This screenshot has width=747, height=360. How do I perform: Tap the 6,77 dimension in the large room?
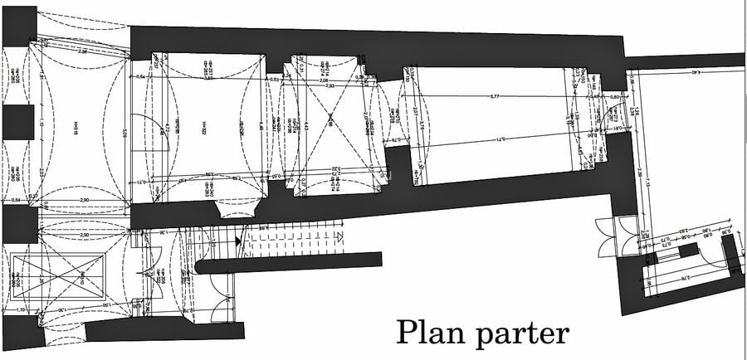(496, 98)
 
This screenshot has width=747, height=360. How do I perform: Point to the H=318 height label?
(76, 128)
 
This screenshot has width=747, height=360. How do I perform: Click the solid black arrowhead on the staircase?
(239, 241)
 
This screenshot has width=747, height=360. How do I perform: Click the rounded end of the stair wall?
(202, 266)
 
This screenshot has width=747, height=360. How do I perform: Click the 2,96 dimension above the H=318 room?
(82, 51)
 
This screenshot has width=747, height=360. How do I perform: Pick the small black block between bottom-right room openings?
(688, 251)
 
